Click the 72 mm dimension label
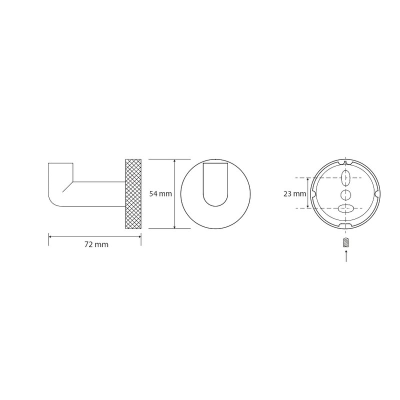96,244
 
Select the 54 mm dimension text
160,194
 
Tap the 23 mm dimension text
294,194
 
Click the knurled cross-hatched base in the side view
133,194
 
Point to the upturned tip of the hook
60,163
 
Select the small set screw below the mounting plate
345,242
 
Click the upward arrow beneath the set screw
346,256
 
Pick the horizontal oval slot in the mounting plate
345,208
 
